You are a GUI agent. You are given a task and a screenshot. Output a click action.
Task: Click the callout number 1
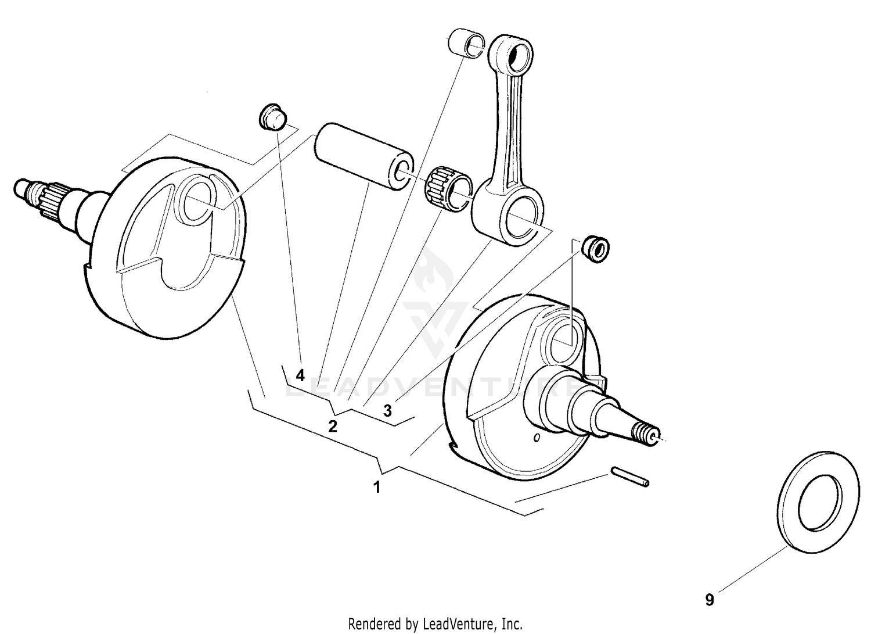tap(377, 487)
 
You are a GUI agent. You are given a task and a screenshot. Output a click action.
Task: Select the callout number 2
tap(332, 427)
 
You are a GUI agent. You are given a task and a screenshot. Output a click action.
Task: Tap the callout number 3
tap(387, 411)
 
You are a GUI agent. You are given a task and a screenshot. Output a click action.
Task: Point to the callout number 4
tap(300, 375)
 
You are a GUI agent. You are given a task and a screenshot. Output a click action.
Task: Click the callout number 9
tap(710, 600)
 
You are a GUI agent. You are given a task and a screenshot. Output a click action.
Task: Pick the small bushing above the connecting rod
tap(466, 44)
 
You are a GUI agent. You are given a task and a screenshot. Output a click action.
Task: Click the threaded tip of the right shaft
tap(647, 434)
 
